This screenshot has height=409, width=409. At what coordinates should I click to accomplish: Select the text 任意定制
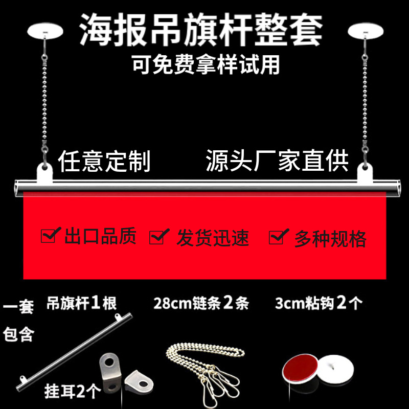(x=104, y=161)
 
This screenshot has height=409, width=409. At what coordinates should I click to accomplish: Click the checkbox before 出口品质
(x=49, y=236)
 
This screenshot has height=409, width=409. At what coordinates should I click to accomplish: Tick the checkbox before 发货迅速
(x=158, y=237)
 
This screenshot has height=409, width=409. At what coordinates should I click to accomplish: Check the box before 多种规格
(x=278, y=237)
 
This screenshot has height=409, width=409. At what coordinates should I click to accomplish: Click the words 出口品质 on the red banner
(x=100, y=237)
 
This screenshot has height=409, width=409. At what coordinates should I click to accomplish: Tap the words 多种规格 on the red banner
(x=330, y=239)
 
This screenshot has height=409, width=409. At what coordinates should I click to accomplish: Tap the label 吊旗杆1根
(x=81, y=303)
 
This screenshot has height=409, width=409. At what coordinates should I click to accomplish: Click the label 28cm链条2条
(x=201, y=303)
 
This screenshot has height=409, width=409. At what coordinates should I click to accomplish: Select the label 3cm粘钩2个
(x=319, y=303)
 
